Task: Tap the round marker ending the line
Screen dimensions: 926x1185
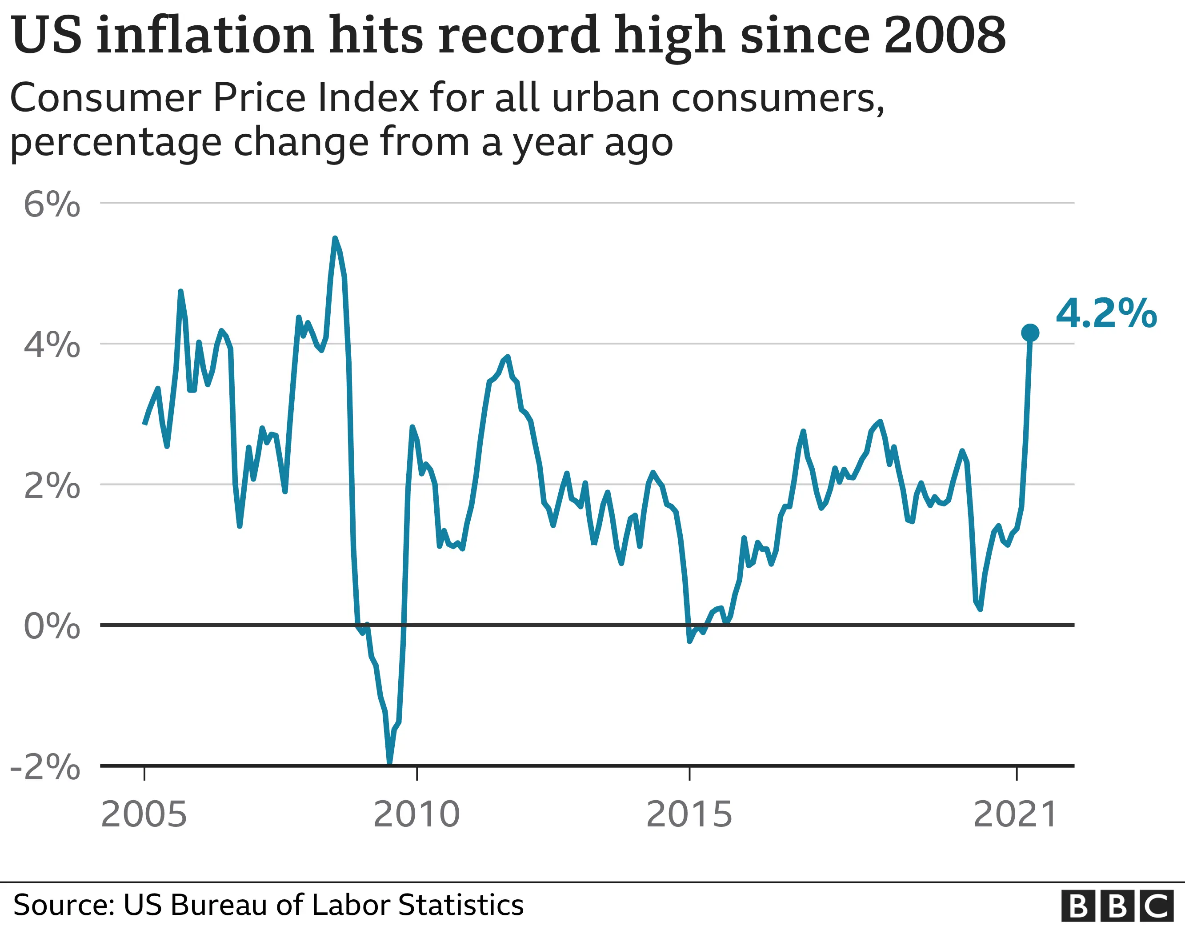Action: coord(1030,333)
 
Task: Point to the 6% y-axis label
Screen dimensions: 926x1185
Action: coord(52,205)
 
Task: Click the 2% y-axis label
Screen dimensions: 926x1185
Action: coord(52,485)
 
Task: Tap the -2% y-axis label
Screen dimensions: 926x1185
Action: coord(46,767)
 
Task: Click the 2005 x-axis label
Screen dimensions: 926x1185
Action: coord(144,814)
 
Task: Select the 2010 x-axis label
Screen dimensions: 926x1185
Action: coord(416,814)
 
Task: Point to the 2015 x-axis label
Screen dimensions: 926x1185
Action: coord(689,814)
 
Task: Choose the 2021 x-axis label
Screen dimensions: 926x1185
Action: coord(1015,814)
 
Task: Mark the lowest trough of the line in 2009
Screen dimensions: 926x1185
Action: coord(389,762)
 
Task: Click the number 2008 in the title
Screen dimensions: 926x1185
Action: coord(945,35)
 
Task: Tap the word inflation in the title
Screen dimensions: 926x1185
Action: coord(205,35)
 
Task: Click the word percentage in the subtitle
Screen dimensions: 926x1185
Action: coord(116,143)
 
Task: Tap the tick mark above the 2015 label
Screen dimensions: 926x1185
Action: coord(689,773)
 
